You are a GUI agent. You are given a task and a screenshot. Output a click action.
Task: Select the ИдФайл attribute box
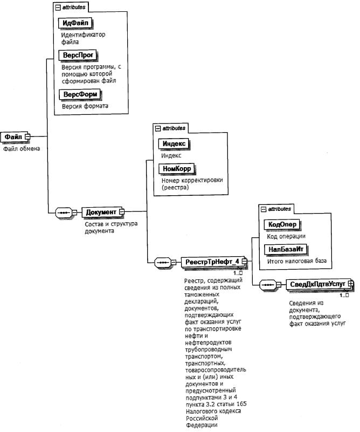coord(75,23)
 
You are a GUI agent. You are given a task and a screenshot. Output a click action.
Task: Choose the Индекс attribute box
coord(174,144)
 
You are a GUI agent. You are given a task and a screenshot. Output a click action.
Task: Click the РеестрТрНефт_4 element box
coord(212,262)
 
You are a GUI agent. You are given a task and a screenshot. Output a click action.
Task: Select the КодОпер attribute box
coord(281,224)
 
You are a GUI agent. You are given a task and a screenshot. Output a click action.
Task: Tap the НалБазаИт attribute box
coord(284,249)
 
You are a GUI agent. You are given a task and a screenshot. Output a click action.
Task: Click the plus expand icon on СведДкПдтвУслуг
coord(350,283)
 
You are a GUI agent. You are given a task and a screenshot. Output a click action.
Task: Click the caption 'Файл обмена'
coord(22,148)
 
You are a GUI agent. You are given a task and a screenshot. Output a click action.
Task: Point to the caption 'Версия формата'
coord(85,106)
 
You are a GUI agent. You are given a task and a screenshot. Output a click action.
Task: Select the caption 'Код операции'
coord(286,236)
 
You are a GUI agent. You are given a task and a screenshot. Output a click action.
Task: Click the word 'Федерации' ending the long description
coord(200,424)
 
